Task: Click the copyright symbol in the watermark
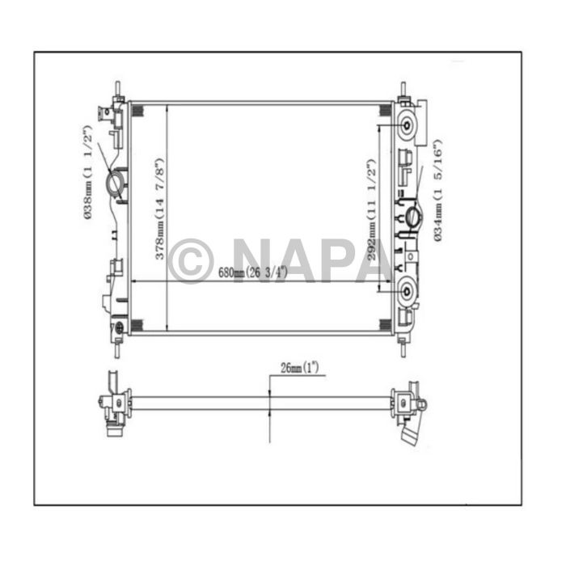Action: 190,260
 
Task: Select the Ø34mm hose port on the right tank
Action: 412,216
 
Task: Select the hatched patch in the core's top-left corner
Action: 137,111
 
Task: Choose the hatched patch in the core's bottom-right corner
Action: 385,324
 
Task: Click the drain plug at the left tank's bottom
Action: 120,327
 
